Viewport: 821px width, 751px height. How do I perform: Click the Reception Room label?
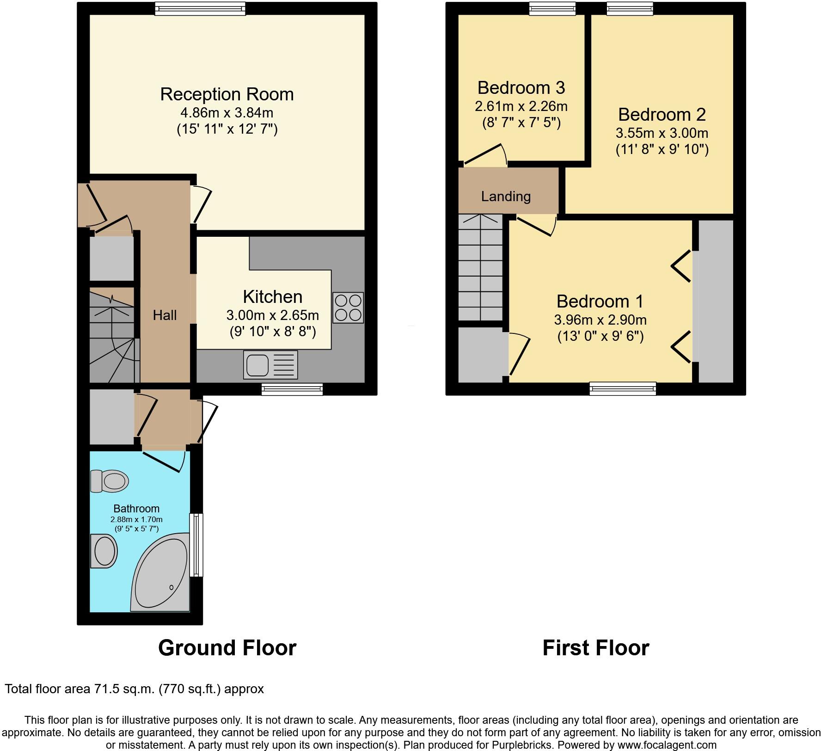point(227,94)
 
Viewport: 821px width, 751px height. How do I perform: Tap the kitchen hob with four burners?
point(348,308)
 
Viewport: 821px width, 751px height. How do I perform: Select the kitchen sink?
point(270,365)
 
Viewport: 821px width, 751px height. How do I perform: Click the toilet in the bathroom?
point(110,481)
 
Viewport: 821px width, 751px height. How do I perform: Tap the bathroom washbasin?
point(104,551)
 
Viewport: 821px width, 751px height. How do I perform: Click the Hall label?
point(165,315)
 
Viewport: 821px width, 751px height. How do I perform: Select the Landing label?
point(506,197)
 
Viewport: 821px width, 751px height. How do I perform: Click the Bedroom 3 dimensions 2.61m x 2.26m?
point(521,106)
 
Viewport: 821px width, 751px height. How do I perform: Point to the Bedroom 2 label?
point(662,115)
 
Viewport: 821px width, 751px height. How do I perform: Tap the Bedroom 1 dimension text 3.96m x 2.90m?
point(600,320)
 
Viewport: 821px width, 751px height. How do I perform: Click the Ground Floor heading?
point(227,648)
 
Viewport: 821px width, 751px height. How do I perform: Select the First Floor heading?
point(595,648)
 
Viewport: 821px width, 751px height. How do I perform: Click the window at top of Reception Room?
point(200,8)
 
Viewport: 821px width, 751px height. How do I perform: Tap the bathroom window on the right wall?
point(197,545)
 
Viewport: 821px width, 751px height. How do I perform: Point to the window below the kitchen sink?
point(292,389)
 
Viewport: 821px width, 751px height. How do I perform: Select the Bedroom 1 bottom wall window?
point(623,388)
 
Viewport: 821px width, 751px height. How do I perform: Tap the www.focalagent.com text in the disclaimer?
point(667,745)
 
